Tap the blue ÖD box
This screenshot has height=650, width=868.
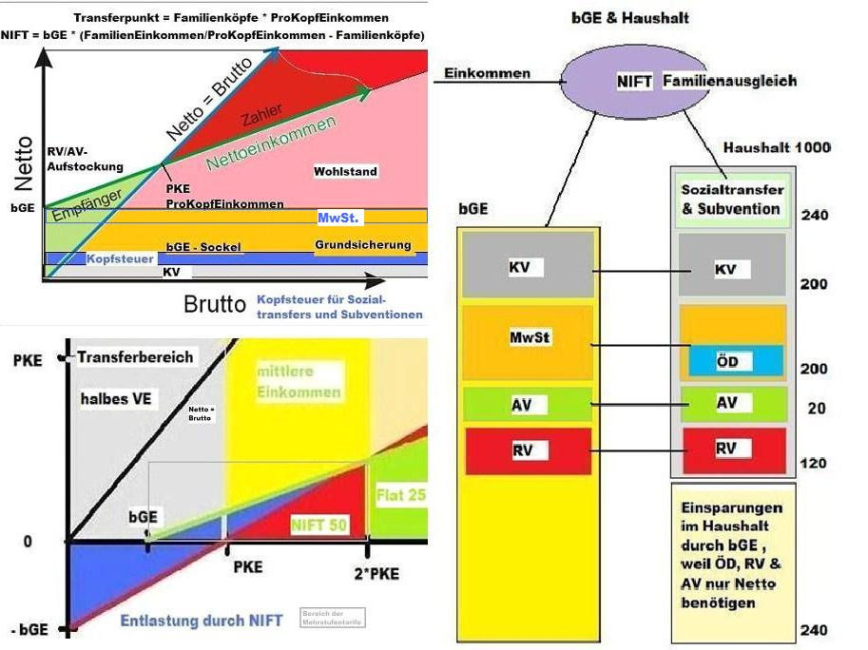pos(732,361)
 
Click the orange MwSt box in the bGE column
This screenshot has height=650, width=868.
pos(526,339)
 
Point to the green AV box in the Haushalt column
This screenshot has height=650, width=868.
pos(732,403)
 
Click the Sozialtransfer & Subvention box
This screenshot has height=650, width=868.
pos(731,200)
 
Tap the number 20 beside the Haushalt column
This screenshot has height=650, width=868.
pos(816,409)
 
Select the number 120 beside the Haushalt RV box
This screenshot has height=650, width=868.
pos(812,464)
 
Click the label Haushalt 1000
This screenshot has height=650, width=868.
pos(777,147)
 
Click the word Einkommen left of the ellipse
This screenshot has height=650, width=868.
pos(487,73)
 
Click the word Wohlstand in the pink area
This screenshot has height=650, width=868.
pos(345,172)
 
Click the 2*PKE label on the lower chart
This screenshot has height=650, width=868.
pos(371,573)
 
